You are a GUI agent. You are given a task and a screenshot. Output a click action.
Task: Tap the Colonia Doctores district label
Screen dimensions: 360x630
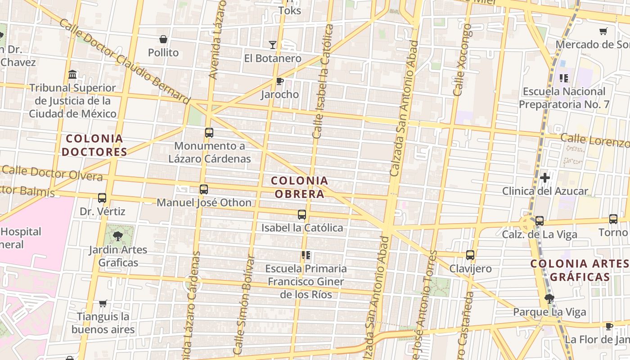(94, 145)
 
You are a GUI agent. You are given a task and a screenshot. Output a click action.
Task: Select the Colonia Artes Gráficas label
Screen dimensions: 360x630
(580, 270)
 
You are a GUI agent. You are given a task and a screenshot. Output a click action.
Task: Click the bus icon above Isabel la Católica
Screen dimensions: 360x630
(302, 215)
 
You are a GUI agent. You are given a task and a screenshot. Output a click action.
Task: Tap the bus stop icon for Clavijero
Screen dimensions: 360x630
(470, 255)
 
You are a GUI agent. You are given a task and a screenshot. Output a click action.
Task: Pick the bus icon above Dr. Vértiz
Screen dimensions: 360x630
(102, 198)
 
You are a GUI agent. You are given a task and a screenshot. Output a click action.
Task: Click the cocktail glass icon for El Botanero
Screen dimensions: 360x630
(273, 45)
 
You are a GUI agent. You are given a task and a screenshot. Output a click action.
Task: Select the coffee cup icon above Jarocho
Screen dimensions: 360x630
(280, 81)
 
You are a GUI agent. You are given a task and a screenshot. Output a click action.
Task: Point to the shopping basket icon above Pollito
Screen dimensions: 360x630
(163, 40)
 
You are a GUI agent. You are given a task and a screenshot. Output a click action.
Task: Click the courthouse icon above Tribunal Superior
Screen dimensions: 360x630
(72, 74)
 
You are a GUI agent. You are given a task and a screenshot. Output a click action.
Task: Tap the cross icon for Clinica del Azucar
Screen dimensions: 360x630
(545, 178)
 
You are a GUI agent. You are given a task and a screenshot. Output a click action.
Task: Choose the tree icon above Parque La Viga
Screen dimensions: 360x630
(549, 298)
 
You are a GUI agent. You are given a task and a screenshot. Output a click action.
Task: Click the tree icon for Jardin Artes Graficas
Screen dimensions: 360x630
(118, 235)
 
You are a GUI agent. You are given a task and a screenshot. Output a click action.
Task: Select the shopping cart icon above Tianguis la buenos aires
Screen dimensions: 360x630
(103, 303)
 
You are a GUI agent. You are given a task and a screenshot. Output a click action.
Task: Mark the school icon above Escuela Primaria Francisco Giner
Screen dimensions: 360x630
(306, 256)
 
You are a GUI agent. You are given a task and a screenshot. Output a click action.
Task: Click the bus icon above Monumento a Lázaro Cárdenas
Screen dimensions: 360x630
(209, 133)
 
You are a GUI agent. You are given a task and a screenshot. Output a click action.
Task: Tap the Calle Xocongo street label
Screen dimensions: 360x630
(463, 60)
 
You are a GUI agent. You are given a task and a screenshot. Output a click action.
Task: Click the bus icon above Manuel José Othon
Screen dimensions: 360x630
(204, 189)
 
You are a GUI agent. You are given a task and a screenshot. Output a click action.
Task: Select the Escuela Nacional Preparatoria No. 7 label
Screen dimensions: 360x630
(564, 98)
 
